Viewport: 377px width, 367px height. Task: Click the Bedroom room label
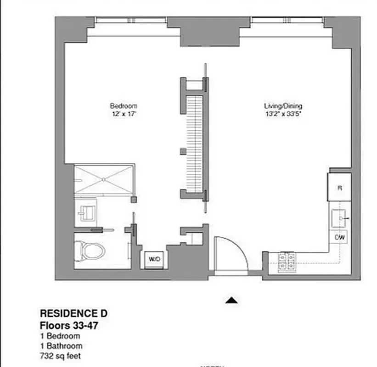coord(123,106)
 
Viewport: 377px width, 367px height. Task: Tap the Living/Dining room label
coord(283,106)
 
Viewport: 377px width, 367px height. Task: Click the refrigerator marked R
coord(339,187)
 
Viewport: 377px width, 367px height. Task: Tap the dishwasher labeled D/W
coord(340,237)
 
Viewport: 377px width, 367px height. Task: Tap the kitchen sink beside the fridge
coord(340,217)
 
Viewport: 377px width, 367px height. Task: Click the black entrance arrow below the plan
coord(233,300)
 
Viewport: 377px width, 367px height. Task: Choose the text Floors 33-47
coord(69,326)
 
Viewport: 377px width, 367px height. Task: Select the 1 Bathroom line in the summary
coord(61,346)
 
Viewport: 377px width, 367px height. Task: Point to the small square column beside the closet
coord(182,151)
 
